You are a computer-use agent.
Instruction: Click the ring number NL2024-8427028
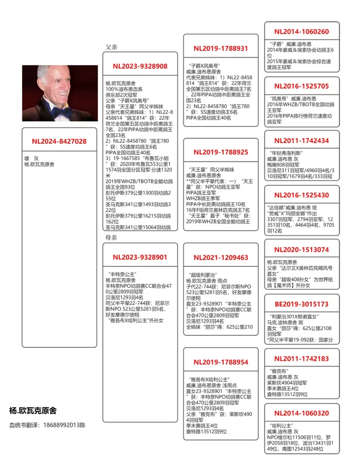59,141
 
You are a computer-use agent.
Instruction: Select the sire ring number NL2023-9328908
140,67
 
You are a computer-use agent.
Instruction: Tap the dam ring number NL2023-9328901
140,257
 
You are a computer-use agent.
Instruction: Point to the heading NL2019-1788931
221,49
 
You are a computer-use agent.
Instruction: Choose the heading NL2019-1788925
221,152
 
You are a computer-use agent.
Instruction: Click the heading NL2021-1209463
221,258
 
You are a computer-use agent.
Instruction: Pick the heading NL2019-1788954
221,362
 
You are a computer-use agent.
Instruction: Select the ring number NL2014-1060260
301,32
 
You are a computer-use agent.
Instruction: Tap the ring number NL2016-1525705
301,86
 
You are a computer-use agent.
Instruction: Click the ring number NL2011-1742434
301,141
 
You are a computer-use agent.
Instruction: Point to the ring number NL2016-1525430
301,195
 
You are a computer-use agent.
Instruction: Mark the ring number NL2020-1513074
301,250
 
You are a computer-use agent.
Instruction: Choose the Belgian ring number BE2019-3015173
301,304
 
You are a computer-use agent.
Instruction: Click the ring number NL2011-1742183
301,359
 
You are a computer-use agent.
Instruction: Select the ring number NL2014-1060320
301,413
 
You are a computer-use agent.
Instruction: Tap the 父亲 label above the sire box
111,47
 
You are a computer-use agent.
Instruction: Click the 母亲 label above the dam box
111,238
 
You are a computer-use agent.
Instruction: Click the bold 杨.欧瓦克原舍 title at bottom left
33,411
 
